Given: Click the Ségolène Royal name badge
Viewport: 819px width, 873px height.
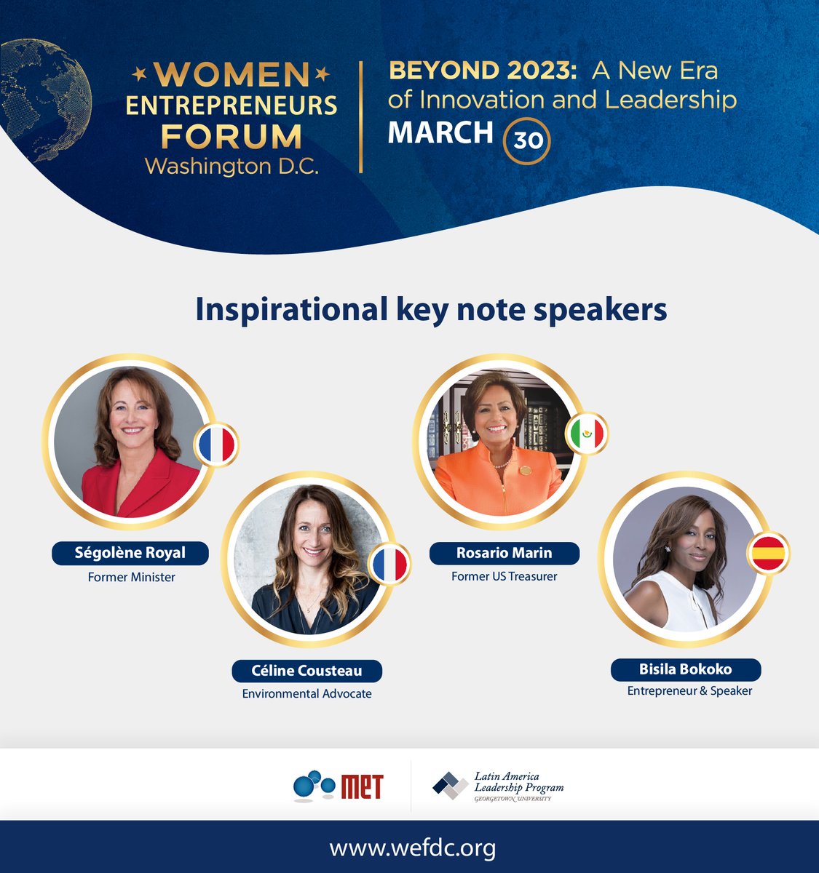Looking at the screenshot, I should [x=130, y=553].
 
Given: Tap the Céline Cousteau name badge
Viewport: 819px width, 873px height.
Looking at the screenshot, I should [x=306, y=670].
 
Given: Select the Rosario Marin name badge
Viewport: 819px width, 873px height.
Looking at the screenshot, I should [x=504, y=553].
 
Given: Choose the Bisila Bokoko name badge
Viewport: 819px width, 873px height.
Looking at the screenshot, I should [x=685, y=669].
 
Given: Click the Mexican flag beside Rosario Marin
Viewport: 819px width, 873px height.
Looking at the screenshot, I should [x=587, y=434].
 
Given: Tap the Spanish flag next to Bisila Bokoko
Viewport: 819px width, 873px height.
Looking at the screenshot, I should [x=767, y=554].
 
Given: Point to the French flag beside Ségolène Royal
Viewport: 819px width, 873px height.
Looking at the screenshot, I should [x=217, y=445].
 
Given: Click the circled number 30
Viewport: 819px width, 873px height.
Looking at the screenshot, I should [x=528, y=140].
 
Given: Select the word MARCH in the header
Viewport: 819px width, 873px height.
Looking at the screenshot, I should [x=440, y=133].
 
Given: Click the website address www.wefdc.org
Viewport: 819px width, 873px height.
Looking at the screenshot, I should [x=413, y=848].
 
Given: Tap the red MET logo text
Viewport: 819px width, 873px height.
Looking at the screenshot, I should [x=361, y=786].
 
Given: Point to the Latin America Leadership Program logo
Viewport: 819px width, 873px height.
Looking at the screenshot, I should [x=498, y=786].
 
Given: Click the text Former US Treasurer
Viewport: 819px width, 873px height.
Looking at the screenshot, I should [x=504, y=576].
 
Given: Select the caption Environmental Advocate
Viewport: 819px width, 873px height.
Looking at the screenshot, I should [x=306, y=694].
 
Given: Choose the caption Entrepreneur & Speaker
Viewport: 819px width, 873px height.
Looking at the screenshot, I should [x=689, y=691].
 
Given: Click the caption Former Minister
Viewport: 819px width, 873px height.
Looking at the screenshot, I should [x=131, y=578].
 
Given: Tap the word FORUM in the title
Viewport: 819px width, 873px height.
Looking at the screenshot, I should [x=231, y=136].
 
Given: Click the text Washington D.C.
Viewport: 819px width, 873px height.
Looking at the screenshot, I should [x=232, y=167].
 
